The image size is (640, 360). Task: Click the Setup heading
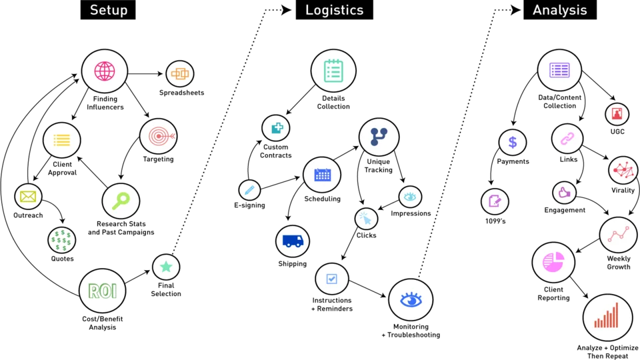[x=109, y=10]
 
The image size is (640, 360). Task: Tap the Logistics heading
[x=334, y=10]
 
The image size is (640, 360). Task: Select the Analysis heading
[x=559, y=10]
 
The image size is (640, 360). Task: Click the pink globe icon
[x=105, y=71]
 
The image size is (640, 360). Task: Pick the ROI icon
[x=103, y=291]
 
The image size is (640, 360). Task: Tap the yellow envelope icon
[x=28, y=197]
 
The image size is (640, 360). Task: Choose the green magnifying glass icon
[x=121, y=201]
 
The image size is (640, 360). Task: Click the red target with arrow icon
[x=159, y=136]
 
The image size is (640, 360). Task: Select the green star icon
[x=166, y=267]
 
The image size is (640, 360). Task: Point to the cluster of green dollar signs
[x=61, y=240]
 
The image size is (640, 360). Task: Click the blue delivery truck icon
[x=293, y=241]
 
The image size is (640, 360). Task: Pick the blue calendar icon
[x=322, y=175]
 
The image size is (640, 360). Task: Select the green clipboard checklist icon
[x=333, y=71]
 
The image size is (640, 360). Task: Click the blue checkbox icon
[x=331, y=278]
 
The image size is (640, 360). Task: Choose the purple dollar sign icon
[x=513, y=142]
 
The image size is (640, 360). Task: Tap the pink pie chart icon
[x=553, y=262]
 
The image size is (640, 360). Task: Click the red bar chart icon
[x=607, y=317]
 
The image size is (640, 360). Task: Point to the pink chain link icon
[x=567, y=139]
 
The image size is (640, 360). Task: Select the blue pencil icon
[x=249, y=190]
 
